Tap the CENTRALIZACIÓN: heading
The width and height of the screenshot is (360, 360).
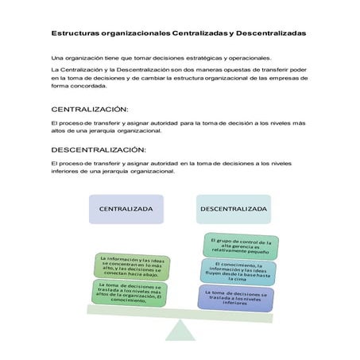click(88, 108)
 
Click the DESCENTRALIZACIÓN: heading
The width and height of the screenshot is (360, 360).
click(98, 149)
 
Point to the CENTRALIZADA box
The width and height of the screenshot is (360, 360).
click(126, 208)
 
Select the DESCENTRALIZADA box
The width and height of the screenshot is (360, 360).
click(233, 208)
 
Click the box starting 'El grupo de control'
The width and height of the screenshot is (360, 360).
click(240, 244)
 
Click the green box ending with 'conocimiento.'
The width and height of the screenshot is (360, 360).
click(127, 293)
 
